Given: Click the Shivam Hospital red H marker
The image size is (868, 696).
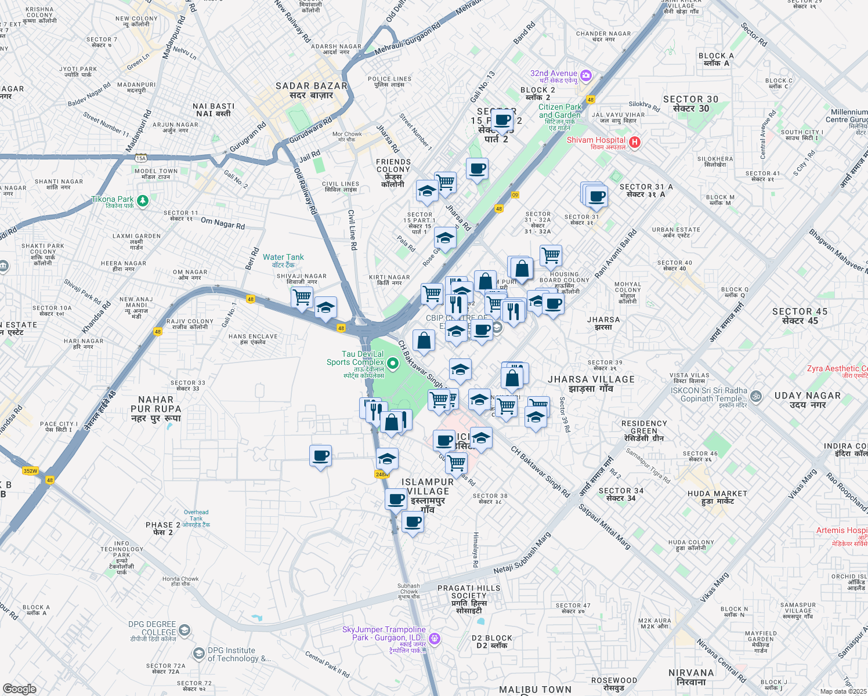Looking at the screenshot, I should pyautogui.click(x=635, y=142).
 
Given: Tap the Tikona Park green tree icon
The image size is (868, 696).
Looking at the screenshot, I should pyautogui.click(x=143, y=201).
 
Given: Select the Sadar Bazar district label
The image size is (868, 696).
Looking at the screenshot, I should pyautogui.click(x=312, y=90).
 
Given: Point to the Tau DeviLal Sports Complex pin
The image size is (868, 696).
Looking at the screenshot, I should pyautogui.click(x=393, y=364).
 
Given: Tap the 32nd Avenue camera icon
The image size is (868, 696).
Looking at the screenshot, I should pyautogui.click(x=586, y=75).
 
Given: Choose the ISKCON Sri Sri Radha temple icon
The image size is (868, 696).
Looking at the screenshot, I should pyautogui.click(x=755, y=397).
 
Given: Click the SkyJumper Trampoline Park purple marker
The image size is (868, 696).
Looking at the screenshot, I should pyautogui.click(x=435, y=639).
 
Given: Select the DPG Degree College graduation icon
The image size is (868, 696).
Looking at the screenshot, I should pyautogui.click(x=184, y=630).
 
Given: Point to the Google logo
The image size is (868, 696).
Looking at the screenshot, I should pyautogui.click(x=20, y=689).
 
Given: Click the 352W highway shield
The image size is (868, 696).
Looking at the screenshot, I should pyautogui.click(x=30, y=471).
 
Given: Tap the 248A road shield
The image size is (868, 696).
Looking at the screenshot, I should pyautogui.click(x=381, y=474).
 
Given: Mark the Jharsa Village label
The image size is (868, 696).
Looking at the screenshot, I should pyautogui.click(x=591, y=383).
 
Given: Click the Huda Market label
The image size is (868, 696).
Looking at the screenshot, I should pyautogui.click(x=717, y=497).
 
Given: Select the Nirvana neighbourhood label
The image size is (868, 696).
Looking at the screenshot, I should pyautogui.click(x=690, y=677).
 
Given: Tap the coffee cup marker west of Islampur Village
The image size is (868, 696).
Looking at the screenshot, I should pyautogui.click(x=320, y=456).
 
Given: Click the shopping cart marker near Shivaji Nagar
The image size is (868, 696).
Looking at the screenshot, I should pyautogui.click(x=302, y=297).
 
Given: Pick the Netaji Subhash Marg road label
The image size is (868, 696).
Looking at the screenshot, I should pyautogui.click(x=522, y=554).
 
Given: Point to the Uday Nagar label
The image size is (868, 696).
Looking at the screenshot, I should pyautogui.click(x=807, y=400).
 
